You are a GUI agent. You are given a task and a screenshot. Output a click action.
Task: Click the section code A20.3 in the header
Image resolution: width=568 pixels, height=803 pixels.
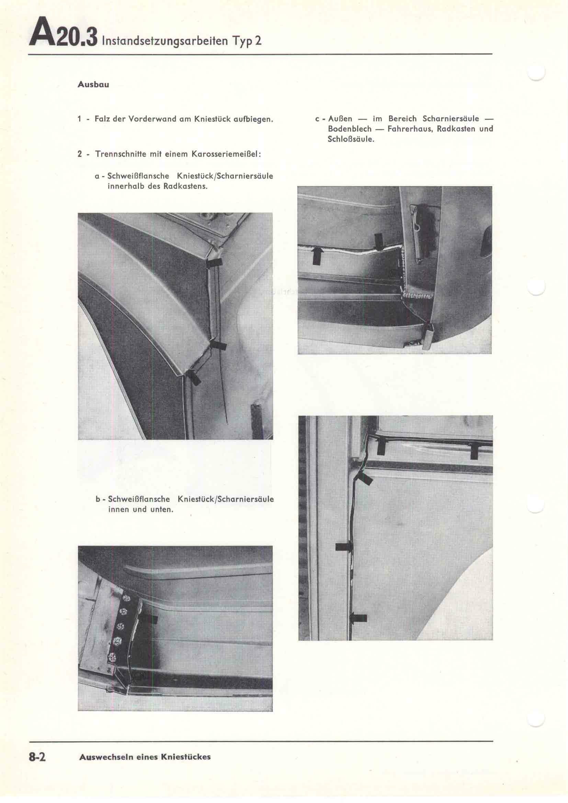click(x=63, y=37)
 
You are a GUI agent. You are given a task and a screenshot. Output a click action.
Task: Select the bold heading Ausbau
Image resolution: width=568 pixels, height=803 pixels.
click(x=93, y=85)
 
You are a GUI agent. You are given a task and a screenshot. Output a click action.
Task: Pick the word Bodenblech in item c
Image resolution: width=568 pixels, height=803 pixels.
click(x=349, y=129)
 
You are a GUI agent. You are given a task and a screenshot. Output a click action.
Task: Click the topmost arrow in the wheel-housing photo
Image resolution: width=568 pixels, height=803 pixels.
click(x=214, y=263)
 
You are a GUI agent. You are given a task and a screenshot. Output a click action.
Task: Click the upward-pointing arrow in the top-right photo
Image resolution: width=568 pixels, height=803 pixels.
click(x=317, y=256)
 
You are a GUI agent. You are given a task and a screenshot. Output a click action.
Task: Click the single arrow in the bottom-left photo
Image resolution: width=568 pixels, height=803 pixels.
click(x=150, y=619)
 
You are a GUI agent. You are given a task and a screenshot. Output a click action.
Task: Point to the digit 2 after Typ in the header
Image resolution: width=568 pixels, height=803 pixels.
click(x=258, y=41)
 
